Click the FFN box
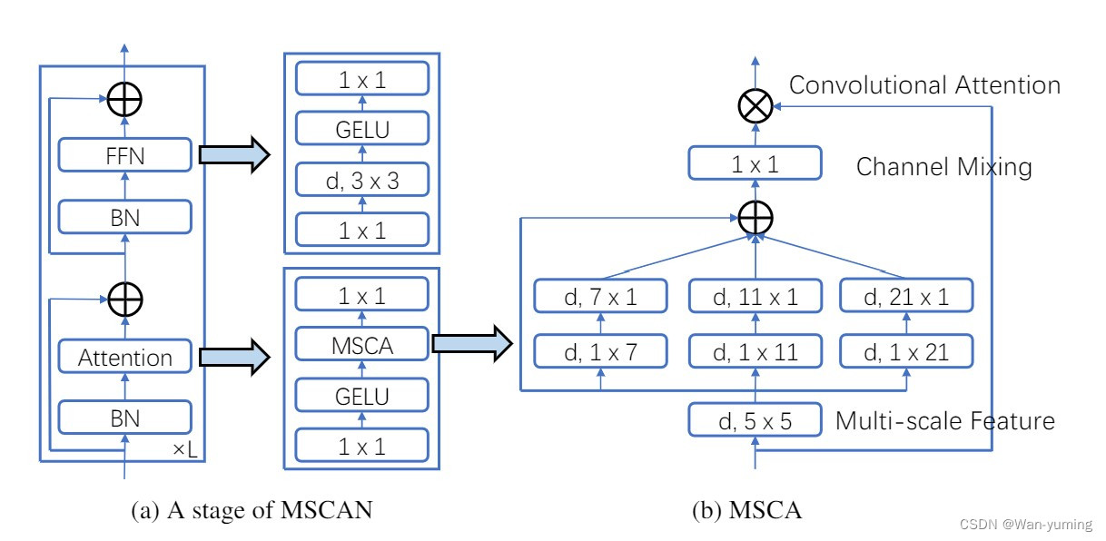[125, 155]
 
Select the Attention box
[125, 357]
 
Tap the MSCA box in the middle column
[360, 344]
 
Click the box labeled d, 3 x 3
[360, 181]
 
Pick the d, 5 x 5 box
[755, 419]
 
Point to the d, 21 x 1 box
[906, 295]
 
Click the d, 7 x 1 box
[601, 295]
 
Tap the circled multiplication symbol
[755, 106]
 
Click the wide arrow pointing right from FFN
[233, 155]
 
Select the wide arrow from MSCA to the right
[469, 344]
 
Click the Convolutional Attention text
[924, 85]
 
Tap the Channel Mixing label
[943, 167]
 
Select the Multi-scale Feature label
[944, 421]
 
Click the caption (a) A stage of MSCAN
[252, 511]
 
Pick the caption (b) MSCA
[746, 511]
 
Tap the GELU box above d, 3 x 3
[360, 130]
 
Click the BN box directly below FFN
[125, 217]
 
